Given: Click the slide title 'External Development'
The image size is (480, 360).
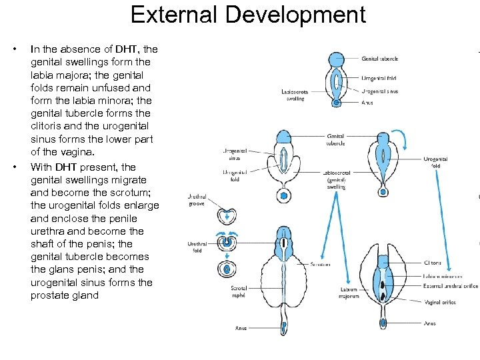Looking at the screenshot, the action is [x=248, y=15].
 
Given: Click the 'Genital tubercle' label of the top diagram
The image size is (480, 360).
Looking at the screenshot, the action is [x=380, y=59].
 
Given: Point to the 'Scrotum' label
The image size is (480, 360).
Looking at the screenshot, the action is [x=320, y=265].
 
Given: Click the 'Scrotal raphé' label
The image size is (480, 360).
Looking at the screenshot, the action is [x=239, y=291].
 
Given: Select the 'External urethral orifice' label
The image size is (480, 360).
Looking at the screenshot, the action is [x=449, y=286].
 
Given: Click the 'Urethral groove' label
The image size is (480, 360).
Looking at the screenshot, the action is [x=197, y=200].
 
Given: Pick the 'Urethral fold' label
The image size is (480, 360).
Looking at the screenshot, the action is [x=197, y=247].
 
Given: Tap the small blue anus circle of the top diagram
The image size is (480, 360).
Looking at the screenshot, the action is [x=338, y=103].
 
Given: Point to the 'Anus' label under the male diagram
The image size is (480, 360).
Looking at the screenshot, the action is [x=241, y=328].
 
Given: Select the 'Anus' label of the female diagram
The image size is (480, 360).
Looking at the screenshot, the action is [x=429, y=323].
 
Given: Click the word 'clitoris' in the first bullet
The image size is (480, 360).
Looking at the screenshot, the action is [x=48, y=126].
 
